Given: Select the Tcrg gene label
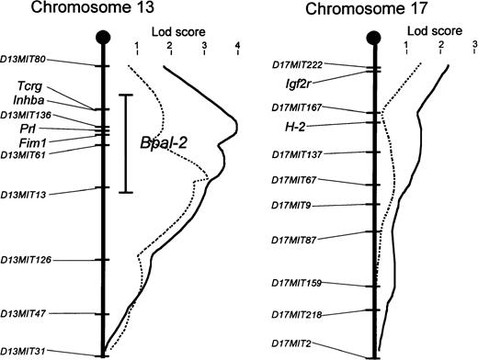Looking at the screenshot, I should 40,86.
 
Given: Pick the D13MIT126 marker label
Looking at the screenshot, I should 27,260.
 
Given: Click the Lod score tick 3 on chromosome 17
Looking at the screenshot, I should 474,44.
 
